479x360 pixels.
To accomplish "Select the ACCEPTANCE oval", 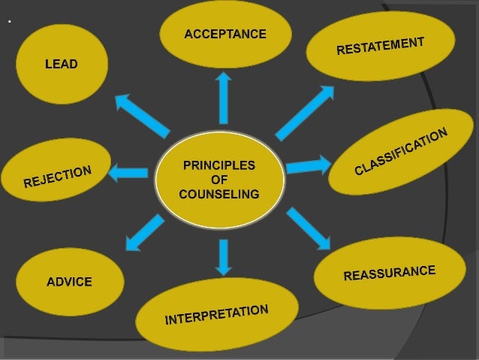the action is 225,34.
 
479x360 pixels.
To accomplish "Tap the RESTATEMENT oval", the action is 381,46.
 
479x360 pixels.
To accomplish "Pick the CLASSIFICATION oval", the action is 401,151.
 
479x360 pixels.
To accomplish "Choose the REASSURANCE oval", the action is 389,272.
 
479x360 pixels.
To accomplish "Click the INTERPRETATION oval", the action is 216,314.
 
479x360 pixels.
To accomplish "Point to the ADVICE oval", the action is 69,282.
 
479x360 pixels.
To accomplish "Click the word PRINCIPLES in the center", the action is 219,165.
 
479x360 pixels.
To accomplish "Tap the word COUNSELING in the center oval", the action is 219,194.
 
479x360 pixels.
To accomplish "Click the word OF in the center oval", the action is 219,180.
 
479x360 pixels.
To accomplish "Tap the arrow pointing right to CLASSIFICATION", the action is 308,165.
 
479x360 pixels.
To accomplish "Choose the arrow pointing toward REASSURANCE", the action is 308,228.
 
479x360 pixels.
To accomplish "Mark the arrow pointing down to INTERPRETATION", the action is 223,256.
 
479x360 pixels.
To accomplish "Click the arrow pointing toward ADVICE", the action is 145,232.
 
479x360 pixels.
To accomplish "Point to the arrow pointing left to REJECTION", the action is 128,174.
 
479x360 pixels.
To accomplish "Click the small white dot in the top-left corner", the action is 9,22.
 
